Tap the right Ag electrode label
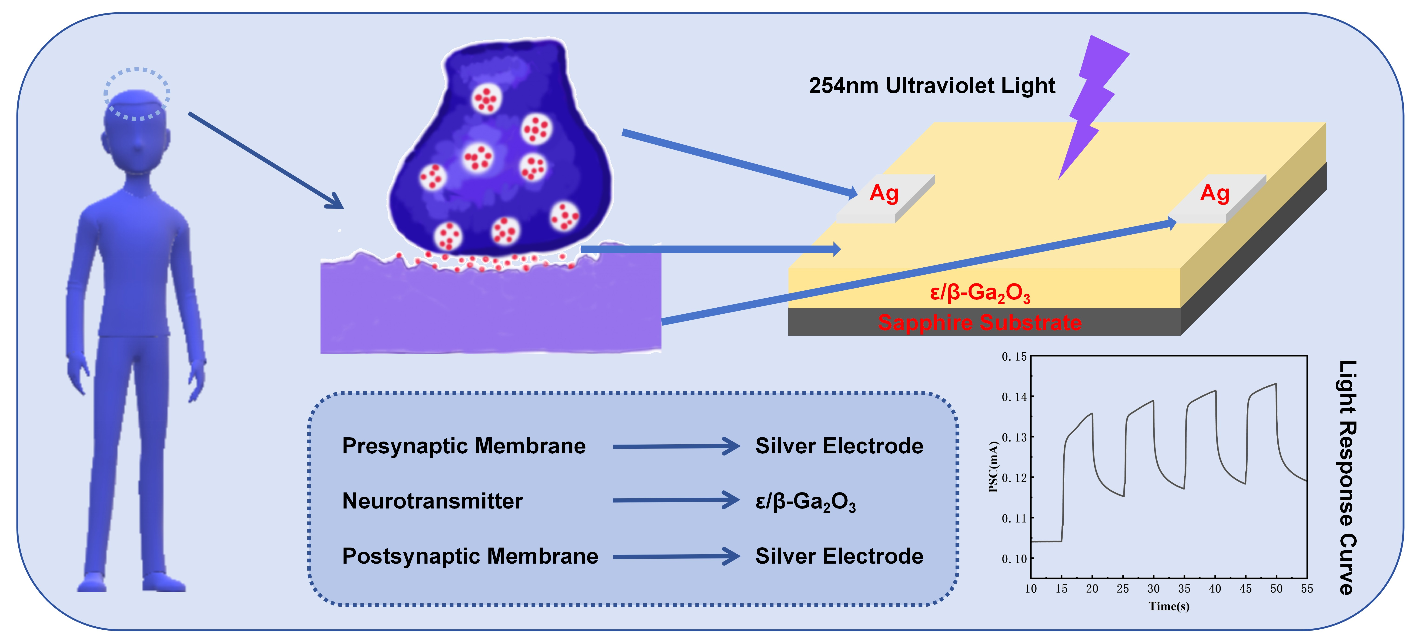(x=1214, y=193)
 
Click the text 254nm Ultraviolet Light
(x=932, y=86)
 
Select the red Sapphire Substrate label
(x=979, y=322)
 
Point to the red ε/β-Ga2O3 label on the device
(x=979, y=293)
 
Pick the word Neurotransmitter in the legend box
(x=432, y=501)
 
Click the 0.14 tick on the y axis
(x=1014, y=397)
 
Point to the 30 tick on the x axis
(x=1153, y=588)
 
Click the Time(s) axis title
(x=1169, y=606)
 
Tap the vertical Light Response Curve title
(x=1347, y=477)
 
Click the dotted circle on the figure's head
(x=137, y=93)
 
